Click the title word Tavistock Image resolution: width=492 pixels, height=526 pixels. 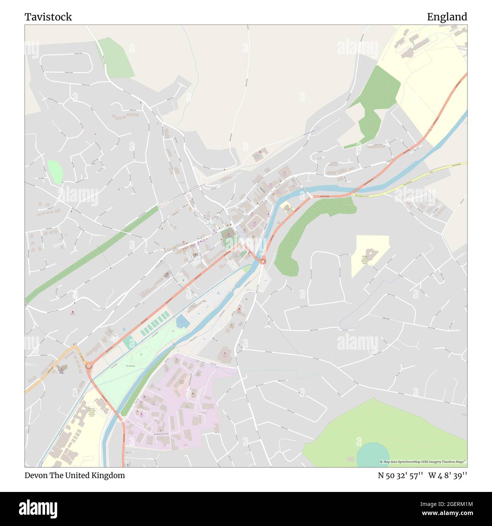click(48, 17)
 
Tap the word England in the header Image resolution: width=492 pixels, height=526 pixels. click(447, 17)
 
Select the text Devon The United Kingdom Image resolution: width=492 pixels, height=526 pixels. click(75, 475)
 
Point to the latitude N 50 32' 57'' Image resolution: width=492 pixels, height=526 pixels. click(400, 476)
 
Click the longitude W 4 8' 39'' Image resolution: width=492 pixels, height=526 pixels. click(448, 476)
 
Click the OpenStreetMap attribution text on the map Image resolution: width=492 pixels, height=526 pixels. click(423, 462)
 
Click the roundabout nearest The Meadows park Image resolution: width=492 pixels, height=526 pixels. click(89, 366)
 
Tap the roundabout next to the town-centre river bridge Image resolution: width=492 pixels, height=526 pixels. click(263, 261)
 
